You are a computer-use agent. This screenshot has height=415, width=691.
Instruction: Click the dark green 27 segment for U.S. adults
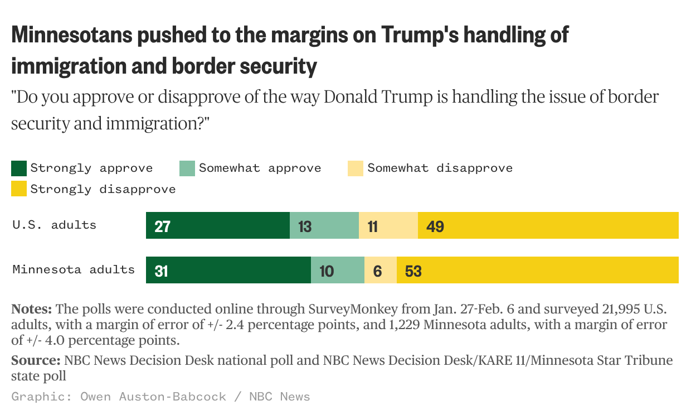[217, 225]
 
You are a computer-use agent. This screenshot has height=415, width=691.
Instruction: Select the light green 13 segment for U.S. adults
[324, 225]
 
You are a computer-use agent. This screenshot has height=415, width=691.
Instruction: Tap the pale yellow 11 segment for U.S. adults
[388, 225]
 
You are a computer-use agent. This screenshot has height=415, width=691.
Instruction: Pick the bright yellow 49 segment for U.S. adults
[548, 225]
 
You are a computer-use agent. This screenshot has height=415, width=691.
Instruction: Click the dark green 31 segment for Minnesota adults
[228, 270]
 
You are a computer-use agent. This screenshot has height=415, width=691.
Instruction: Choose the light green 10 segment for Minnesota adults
[337, 270]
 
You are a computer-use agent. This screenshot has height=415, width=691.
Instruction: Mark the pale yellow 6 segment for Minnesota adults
[380, 270]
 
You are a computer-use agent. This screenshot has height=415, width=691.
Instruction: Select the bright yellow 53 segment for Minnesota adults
[537, 270]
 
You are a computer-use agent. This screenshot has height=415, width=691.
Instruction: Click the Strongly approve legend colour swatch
[19, 168]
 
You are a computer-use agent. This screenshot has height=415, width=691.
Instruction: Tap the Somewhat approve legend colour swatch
[187, 168]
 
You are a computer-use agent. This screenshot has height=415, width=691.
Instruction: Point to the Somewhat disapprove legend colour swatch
[356, 168]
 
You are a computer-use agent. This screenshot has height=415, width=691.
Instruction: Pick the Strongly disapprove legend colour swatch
[19, 189]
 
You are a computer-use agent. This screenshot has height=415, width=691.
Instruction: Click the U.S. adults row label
[54, 225]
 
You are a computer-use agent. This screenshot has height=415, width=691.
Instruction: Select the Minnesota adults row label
[74, 269]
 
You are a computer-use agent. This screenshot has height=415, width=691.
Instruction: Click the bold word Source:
[36, 361]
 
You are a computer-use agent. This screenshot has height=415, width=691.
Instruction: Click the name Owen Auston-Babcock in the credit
[153, 397]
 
